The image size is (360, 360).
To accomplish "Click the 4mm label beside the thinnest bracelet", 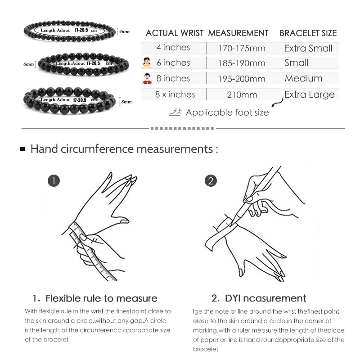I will pos(124,32).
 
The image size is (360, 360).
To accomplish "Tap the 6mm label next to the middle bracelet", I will pos(28,65).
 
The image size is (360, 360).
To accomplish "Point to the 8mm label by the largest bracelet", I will pos(126,102).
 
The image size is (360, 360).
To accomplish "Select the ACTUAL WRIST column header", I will pos(175,33).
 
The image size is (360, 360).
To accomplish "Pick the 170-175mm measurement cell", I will pos(242,48).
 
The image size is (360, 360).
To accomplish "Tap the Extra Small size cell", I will pos(308,48).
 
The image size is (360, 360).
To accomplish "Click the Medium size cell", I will pos(303,78).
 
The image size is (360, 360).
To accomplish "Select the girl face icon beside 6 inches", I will pos(147,63).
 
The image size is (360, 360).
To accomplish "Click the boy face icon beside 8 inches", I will pos(147,79).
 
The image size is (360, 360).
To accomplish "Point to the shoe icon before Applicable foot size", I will pos(175,112).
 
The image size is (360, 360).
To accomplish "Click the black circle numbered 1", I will pos(54,181).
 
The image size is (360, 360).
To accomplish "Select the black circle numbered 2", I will pos(211,181).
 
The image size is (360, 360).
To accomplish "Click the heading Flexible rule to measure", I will pos(95,298).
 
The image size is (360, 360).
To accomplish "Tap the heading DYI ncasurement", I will pos(259,298).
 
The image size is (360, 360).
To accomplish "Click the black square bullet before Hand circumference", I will pos(22,148).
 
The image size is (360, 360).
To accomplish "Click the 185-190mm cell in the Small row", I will pos(242,63).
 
